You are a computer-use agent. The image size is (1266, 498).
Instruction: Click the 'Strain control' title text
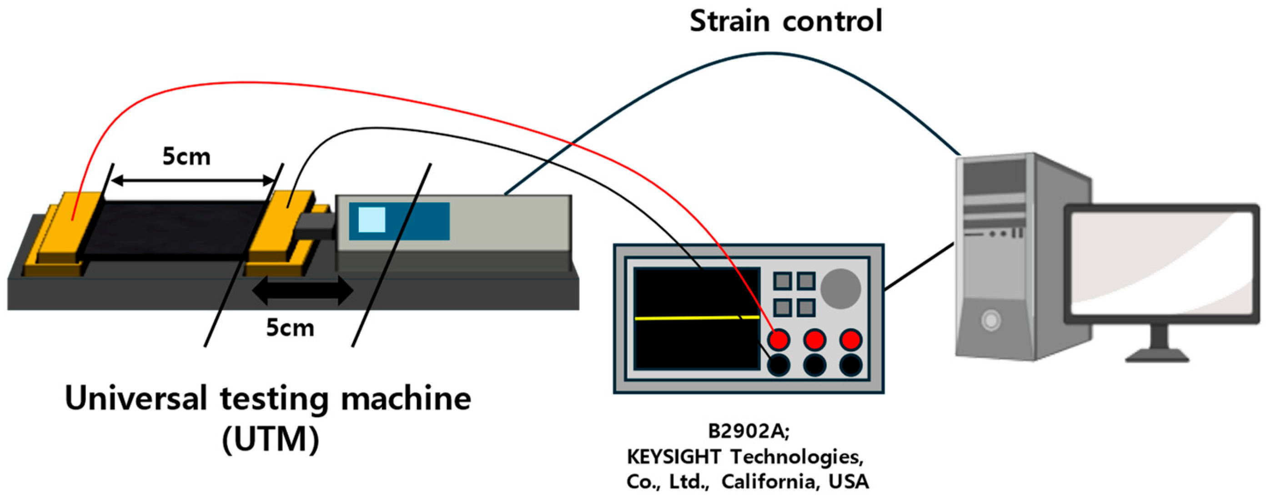tap(785, 22)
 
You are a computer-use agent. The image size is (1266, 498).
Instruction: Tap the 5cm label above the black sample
tap(186, 157)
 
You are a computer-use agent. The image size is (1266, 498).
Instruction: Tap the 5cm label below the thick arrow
tap(290, 328)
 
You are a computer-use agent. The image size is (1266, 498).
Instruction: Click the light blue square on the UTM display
tap(372, 220)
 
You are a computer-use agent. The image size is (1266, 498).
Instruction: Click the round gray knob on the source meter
tap(840, 289)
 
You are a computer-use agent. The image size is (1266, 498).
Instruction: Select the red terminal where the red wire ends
tap(779, 340)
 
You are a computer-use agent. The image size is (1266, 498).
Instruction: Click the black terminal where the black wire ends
tap(779, 365)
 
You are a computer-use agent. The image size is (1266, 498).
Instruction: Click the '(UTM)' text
tap(270, 439)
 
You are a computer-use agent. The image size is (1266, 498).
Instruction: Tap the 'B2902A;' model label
tap(748, 431)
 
